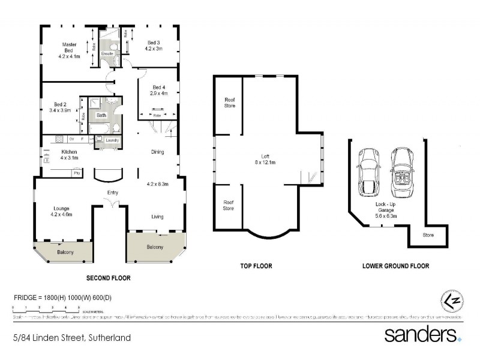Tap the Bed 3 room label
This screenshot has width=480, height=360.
[154, 43]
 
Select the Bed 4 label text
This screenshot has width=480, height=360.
[159, 86]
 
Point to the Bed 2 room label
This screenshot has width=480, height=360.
[60, 104]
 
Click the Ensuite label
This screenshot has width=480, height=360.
[107, 54]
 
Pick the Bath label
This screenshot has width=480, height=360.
[101, 115]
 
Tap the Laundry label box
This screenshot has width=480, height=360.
[112, 140]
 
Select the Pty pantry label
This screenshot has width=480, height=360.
[76, 173]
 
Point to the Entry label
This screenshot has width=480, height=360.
[112, 193]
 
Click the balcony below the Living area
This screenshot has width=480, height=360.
[155, 247]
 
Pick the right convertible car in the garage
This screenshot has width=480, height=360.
[401, 172]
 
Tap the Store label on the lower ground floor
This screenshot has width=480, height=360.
[428, 235]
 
